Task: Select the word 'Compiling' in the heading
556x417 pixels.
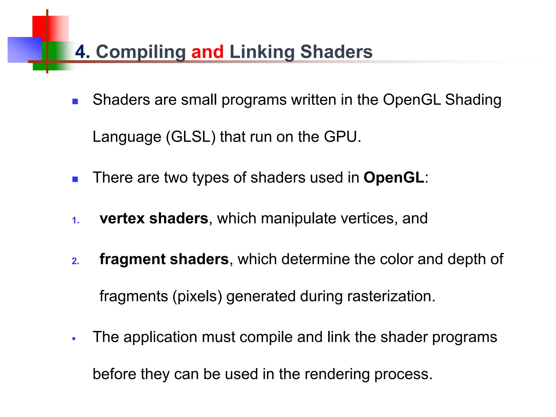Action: pyautogui.click(x=141, y=52)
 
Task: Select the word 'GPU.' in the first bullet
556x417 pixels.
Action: pyautogui.click(x=342, y=137)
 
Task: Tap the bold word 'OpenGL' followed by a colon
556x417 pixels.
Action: pyautogui.click(x=394, y=178)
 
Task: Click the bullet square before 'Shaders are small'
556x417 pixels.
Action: pyautogui.click(x=75, y=102)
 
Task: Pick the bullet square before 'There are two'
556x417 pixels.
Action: pyautogui.click(x=75, y=179)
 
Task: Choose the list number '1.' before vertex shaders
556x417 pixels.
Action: pyautogui.click(x=76, y=220)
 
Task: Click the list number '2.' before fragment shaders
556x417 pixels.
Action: pyautogui.click(x=75, y=261)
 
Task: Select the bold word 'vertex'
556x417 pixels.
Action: pyautogui.click(x=122, y=218)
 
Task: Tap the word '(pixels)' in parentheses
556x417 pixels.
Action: pyautogui.click(x=197, y=296)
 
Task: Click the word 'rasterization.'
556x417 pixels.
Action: pyautogui.click(x=391, y=296)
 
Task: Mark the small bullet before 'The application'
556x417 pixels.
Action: pyautogui.click(x=74, y=339)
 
